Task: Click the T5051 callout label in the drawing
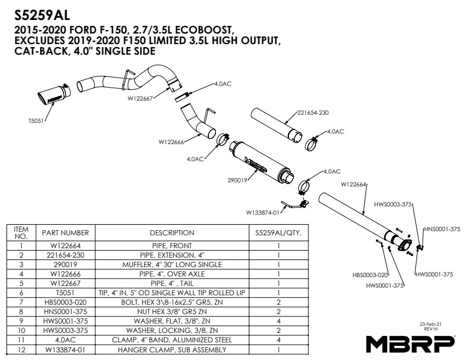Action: (x=36, y=121)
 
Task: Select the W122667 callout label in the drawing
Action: (x=140, y=99)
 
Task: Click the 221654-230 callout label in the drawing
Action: (x=313, y=112)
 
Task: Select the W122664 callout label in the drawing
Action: (x=354, y=184)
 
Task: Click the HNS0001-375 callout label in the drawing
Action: (x=442, y=229)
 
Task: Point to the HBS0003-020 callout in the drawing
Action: (x=370, y=275)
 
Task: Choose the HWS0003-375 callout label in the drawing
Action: (x=392, y=206)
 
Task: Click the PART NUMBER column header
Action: (x=65, y=233)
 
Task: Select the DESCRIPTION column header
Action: (x=172, y=233)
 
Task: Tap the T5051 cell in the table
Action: (x=65, y=293)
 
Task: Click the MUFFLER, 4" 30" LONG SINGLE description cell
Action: (x=172, y=265)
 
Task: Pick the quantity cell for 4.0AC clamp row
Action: (x=278, y=340)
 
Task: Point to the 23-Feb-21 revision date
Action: (x=430, y=324)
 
